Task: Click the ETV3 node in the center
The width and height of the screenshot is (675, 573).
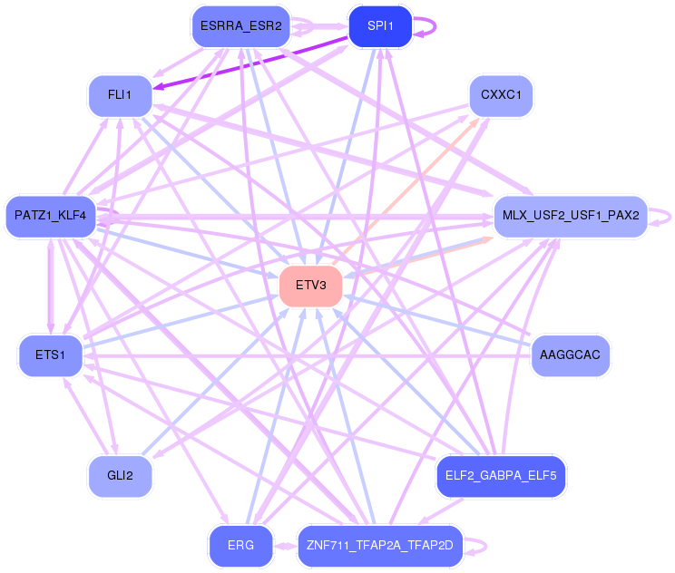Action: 310,286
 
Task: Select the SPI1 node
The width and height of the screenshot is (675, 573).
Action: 380,26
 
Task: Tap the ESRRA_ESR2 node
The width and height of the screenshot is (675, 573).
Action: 240,26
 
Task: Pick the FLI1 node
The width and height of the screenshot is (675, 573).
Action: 120,95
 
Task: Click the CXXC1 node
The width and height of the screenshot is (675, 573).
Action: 501,95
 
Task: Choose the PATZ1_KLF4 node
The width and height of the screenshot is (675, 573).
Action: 50,216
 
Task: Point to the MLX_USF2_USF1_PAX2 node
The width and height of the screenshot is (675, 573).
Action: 569,216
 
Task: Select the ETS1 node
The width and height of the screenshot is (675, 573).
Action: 50,354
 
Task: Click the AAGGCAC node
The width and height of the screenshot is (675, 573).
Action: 569,354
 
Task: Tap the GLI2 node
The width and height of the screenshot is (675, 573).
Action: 120,476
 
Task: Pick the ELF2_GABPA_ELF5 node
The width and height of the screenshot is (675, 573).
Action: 501,475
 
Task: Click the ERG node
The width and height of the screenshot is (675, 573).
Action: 240,546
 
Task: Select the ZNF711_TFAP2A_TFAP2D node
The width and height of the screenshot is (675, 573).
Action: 380,546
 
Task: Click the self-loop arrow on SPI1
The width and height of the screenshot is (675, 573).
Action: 433,26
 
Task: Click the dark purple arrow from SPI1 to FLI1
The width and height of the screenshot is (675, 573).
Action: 254,63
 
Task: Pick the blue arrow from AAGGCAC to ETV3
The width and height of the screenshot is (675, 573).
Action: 435,321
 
